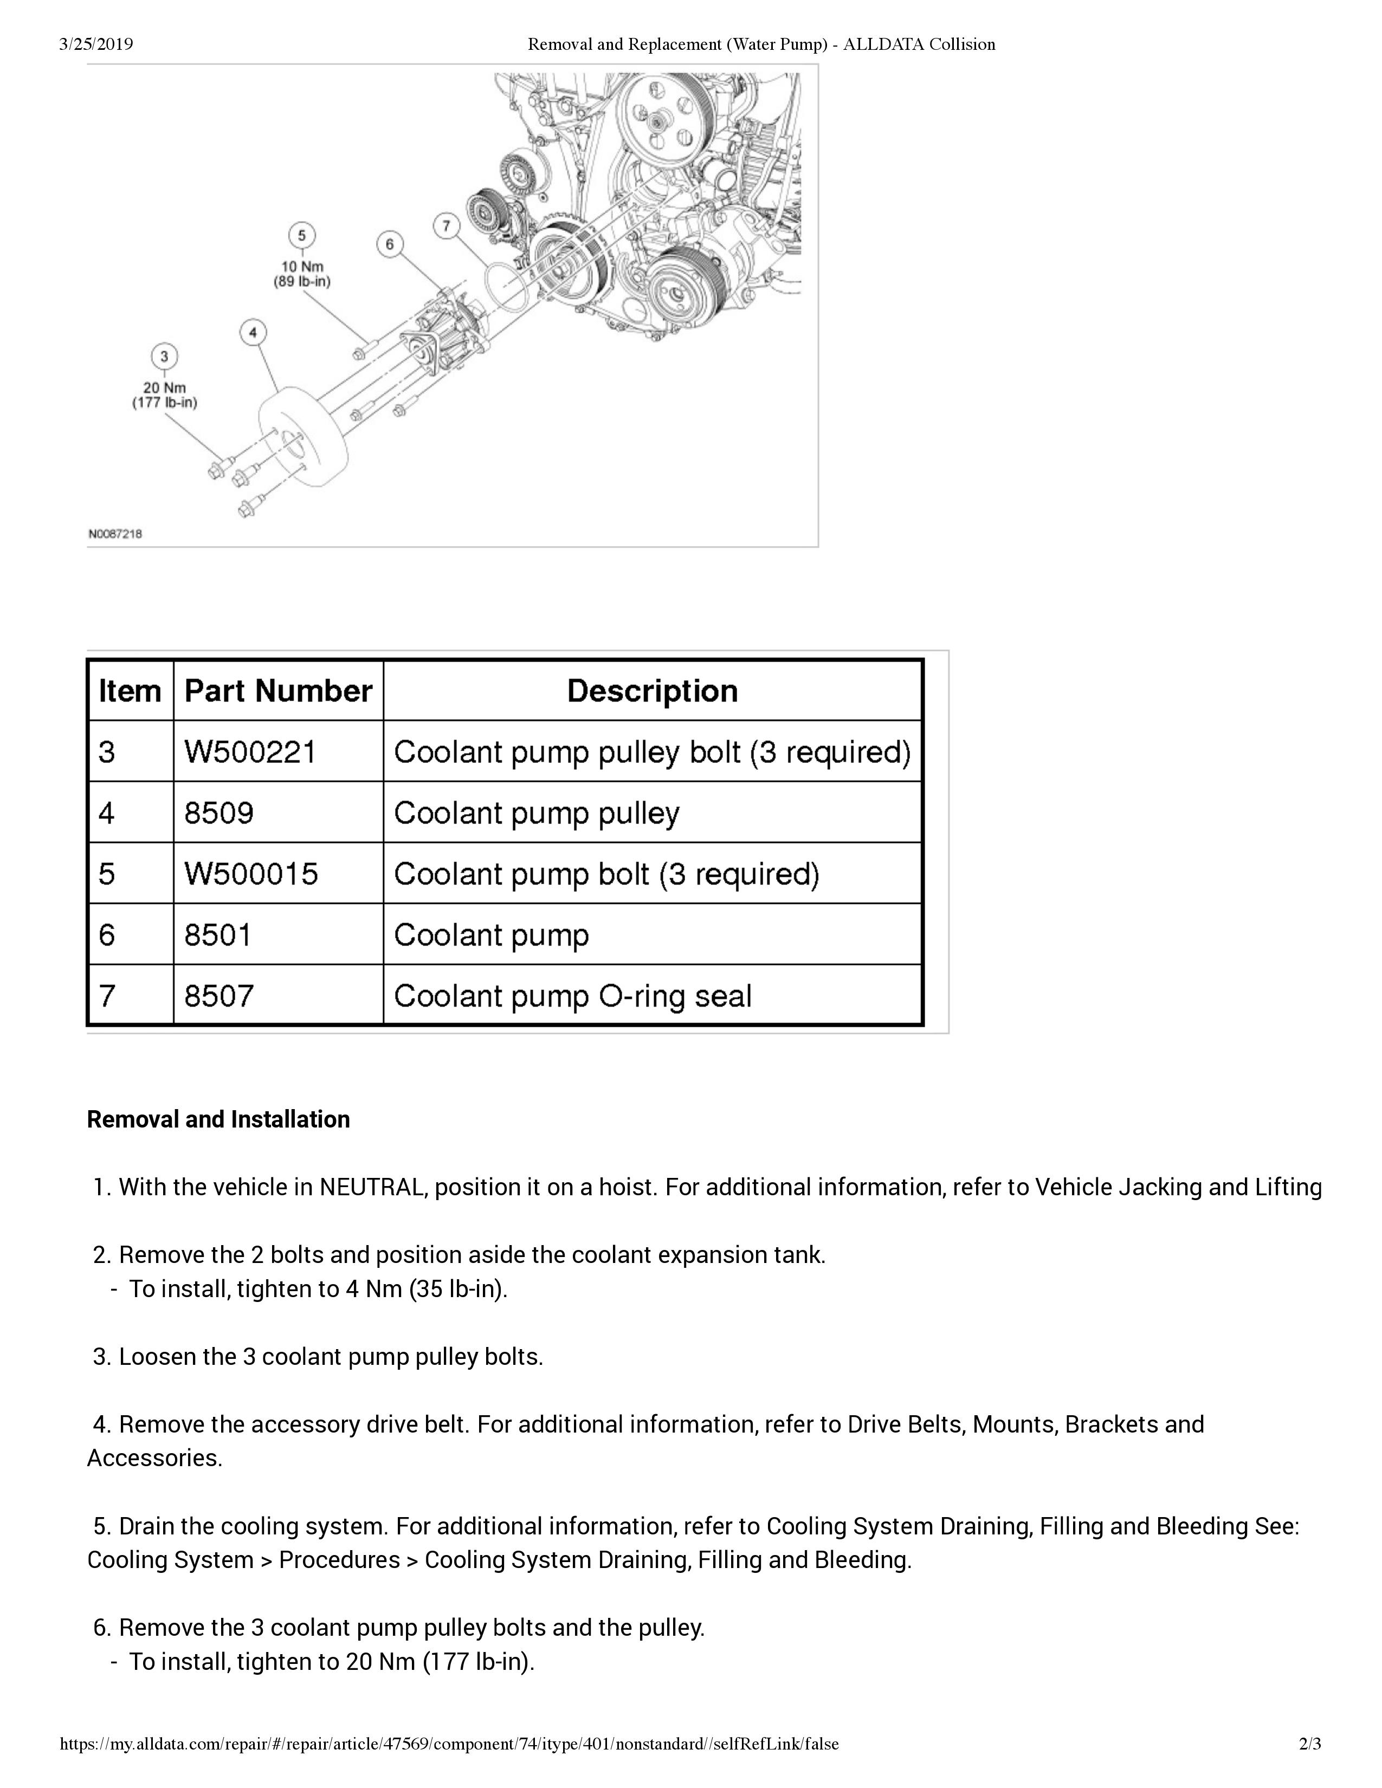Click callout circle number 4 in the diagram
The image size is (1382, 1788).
click(x=253, y=332)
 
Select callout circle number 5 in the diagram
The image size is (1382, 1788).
click(x=301, y=236)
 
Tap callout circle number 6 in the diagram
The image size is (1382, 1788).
click(x=389, y=244)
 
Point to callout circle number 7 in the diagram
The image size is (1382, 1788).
click(x=446, y=226)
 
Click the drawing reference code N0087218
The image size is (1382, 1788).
click(x=115, y=534)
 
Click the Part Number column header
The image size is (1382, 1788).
click(x=279, y=691)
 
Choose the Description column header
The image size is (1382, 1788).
click(x=653, y=691)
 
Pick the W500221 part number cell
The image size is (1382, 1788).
click(x=250, y=752)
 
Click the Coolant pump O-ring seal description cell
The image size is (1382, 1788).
click(x=573, y=995)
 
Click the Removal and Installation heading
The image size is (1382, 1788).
click(x=218, y=1119)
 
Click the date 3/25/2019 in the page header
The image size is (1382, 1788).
click(x=96, y=44)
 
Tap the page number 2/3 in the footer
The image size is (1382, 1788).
click(x=1310, y=1744)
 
